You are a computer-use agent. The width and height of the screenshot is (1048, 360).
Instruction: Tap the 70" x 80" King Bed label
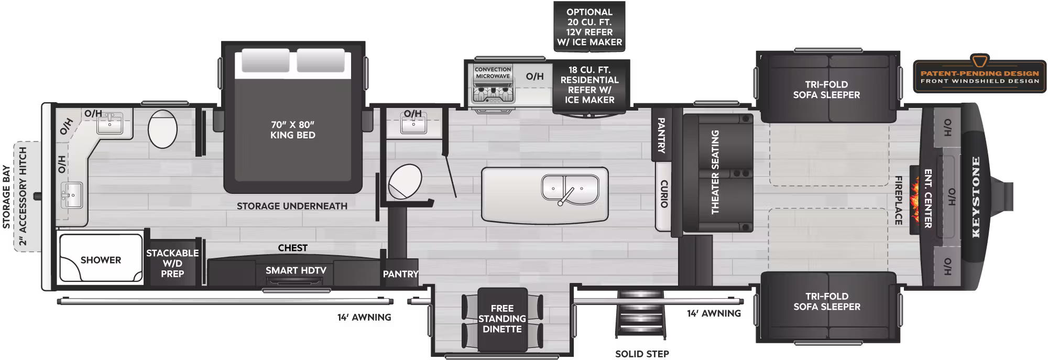click(292, 130)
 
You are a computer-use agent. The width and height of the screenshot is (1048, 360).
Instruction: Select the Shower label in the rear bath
click(101, 260)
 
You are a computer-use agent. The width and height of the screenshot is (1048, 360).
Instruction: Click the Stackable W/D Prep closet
click(172, 263)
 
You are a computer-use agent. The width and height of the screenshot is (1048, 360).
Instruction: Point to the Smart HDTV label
click(296, 270)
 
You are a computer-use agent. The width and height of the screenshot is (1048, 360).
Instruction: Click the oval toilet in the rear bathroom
click(162, 129)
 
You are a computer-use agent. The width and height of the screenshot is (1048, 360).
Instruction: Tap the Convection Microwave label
click(493, 73)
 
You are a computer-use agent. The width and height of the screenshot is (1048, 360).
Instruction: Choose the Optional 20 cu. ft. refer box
click(589, 27)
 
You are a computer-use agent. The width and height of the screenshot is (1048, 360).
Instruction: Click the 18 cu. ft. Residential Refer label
click(589, 85)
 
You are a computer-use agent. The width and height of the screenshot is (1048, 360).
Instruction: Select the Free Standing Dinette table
click(502, 319)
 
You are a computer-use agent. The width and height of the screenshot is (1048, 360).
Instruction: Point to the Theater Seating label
click(715, 172)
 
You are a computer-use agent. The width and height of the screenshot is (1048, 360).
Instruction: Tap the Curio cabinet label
click(663, 194)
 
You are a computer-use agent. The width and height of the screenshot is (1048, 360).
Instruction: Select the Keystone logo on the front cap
click(976, 197)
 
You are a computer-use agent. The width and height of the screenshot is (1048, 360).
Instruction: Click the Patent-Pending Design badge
click(979, 77)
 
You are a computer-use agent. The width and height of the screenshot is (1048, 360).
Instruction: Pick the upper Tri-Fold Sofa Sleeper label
click(826, 90)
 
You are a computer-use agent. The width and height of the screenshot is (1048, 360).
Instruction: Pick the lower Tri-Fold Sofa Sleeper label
click(826, 301)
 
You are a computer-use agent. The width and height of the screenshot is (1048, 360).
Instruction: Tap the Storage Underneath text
click(292, 206)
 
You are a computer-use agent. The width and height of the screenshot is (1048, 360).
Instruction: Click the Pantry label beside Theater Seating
click(661, 135)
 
